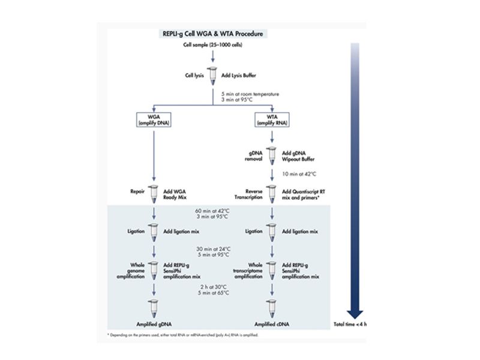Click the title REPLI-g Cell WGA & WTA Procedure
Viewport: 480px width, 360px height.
pyautogui.click(x=212, y=34)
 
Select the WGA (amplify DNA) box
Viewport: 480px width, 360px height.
pyautogui.click(x=154, y=119)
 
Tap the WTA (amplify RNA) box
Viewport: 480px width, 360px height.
pyautogui.click(x=271, y=119)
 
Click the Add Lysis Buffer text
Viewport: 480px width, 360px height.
pyautogui.click(x=235, y=76)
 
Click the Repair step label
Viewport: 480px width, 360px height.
pyautogui.click(x=137, y=193)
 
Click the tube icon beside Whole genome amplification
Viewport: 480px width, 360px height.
pyautogui.click(x=154, y=268)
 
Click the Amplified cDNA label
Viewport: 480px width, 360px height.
pyautogui.click(x=271, y=323)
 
